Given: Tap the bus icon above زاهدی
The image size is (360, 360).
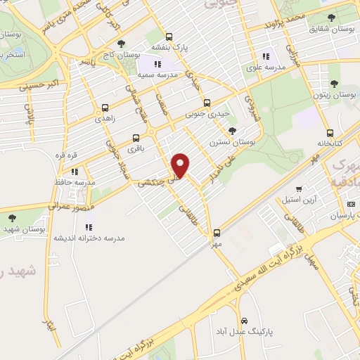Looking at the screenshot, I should pyautogui.click(x=105, y=108).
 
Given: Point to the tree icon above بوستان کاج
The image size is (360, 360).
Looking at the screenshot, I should pyautogui.click(x=122, y=44).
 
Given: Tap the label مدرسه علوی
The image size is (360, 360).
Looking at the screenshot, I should pyautogui.click(x=264, y=67).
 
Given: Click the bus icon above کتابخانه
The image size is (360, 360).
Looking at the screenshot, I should pyautogui.click(x=329, y=132).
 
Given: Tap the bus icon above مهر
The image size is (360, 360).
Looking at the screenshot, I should pyautogui.click(x=217, y=232).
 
